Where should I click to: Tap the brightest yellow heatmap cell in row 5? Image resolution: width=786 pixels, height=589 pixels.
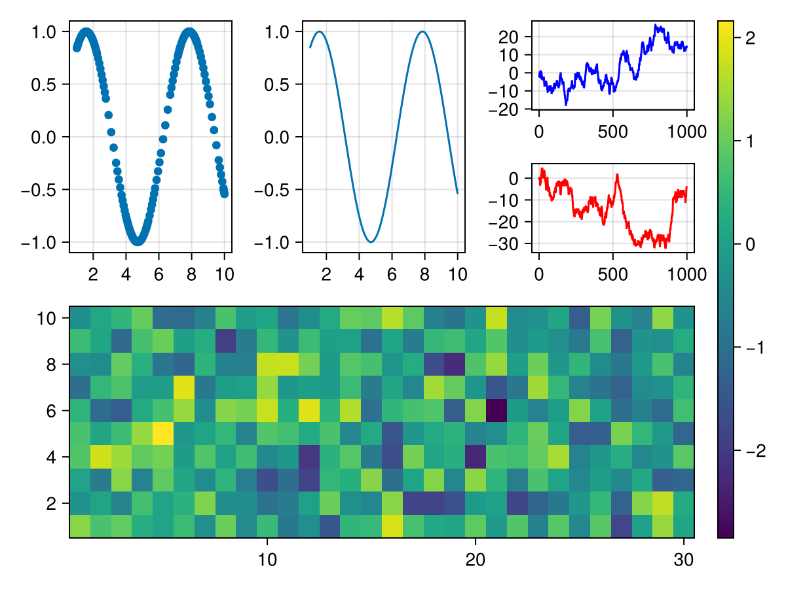162,433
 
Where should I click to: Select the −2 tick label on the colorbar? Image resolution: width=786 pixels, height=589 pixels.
746,451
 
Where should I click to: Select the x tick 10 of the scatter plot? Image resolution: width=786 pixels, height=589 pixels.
224,274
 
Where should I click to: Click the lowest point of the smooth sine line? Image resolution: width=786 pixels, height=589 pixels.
371,242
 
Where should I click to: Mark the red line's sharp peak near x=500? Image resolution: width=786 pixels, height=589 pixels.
616,175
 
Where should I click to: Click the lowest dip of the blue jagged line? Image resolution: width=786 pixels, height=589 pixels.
566,104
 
